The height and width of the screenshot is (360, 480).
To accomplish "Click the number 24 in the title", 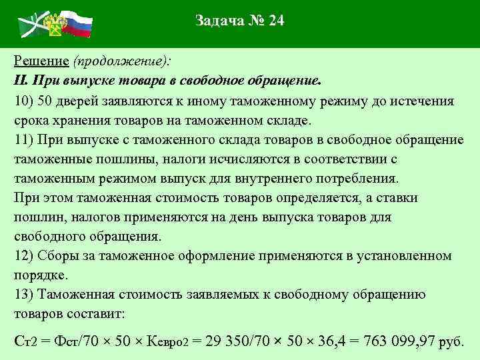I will coord(275,21).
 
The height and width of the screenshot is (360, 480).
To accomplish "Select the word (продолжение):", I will coord(122,61).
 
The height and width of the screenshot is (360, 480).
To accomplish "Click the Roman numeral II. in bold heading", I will coord(20,81).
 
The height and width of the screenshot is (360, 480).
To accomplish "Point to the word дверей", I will coord(80,101).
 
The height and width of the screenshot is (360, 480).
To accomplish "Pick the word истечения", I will coord(419,101).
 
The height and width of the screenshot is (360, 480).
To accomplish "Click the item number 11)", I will coord(25,140).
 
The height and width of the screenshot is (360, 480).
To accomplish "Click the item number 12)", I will coord(25,256).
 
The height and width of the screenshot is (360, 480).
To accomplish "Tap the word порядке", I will coord(39,275).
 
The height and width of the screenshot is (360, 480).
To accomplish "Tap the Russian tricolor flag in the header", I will coord(76,21).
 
